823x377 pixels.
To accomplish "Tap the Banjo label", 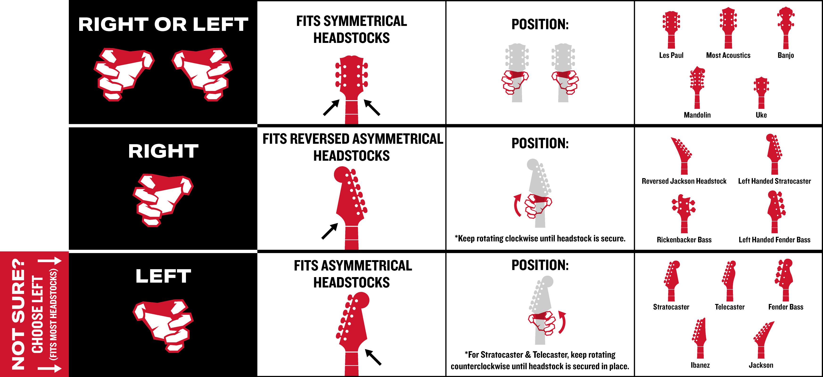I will click(786, 55).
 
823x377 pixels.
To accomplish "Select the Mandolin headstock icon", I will click(697, 88).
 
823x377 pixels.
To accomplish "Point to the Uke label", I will click(761, 115).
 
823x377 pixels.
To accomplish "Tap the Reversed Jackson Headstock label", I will click(684, 181).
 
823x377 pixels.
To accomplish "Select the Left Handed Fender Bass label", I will click(774, 240).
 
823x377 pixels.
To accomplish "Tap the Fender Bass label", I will click(786, 307).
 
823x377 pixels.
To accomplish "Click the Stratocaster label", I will click(671, 307).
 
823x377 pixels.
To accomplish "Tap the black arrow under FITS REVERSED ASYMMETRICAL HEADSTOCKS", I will click(330, 231).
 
